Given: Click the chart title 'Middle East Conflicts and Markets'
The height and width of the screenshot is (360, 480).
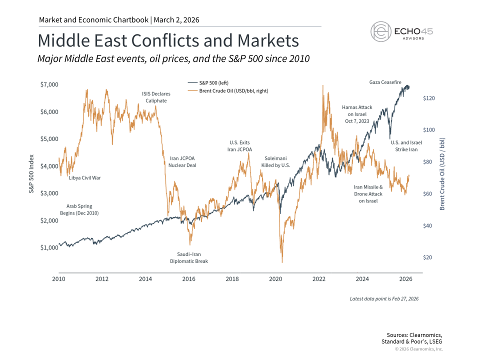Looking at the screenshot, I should pos(168,40).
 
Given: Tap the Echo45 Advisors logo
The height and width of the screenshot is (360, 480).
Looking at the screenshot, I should pos(401,31).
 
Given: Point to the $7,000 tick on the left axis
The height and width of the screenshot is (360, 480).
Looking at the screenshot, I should pos(49,84).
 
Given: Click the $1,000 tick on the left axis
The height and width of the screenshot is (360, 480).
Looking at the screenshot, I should pos(49,247).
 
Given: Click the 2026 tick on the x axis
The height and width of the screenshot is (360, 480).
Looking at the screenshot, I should pos(405,278).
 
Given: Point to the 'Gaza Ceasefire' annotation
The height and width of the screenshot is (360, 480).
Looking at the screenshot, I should pos(385,81).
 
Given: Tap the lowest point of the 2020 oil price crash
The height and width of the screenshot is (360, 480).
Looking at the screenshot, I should pos(282,262).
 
